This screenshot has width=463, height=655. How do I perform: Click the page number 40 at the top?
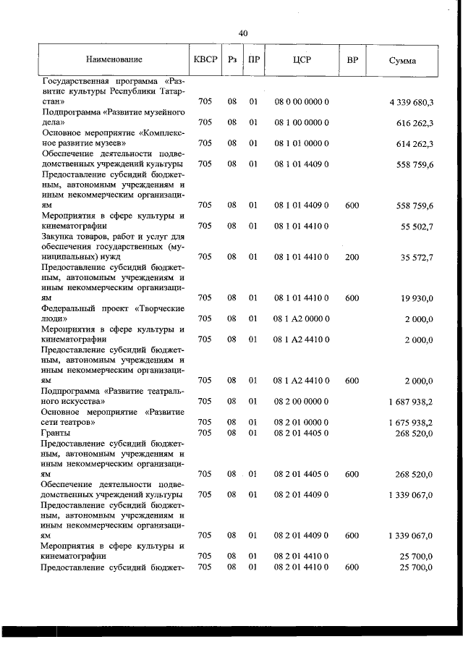click(x=243, y=33)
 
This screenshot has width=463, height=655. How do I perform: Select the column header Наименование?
click(x=114, y=59)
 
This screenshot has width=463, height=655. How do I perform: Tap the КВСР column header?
click(x=205, y=59)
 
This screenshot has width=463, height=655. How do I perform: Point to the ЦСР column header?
click(x=302, y=59)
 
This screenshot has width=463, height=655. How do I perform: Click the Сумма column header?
click(x=402, y=60)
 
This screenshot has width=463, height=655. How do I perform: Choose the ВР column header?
click(x=352, y=59)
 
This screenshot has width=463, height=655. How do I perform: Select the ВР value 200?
click(x=352, y=256)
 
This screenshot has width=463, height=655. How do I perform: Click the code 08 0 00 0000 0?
click(x=302, y=103)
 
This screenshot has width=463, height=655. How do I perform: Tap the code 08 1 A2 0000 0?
click(x=302, y=318)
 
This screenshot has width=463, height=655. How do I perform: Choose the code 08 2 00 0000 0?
click(x=302, y=401)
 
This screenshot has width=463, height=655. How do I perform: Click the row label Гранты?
click(x=55, y=433)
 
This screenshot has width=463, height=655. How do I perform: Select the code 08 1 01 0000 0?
click(x=302, y=143)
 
